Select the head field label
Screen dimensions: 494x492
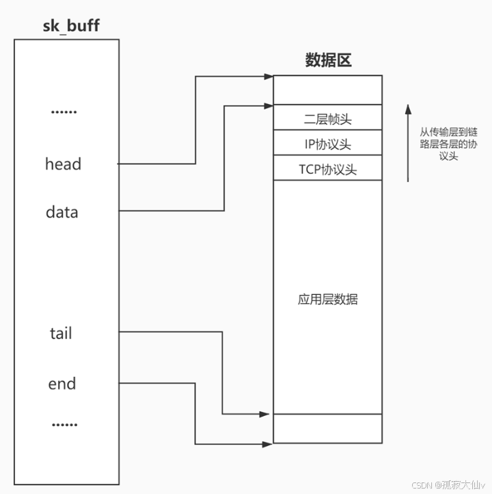pos(63,164)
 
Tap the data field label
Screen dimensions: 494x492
pos(62,212)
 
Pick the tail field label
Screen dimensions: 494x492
pos(61,334)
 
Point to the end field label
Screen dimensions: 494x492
pos(61,384)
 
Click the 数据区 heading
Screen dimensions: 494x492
pos(327,61)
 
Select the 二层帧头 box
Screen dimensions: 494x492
pos(327,118)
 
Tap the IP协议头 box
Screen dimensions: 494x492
pos(327,144)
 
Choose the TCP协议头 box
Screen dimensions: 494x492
pos(327,169)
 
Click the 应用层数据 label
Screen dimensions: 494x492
pos(327,299)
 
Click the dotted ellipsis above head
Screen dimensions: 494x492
pos(64,112)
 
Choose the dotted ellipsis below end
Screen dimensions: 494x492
pos(64,425)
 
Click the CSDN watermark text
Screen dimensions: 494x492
pos(451,484)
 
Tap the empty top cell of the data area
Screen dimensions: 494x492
pos(327,90)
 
